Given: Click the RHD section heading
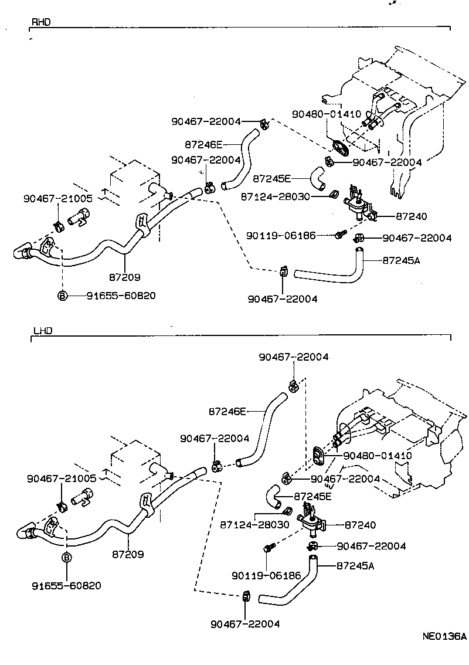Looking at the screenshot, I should click(x=40, y=22).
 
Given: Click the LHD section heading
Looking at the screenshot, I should click(x=42, y=331).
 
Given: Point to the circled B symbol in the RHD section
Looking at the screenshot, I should click(x=62, y=296).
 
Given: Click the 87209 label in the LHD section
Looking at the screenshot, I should click(x=128, y=554).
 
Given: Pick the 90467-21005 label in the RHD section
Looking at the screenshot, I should click(x=57, y=198).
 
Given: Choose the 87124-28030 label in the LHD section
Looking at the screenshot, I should click(x=254, y=524).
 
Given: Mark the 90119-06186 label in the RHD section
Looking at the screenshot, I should click(x=281, y=235).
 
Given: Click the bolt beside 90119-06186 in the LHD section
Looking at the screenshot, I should click(x=268, y=548).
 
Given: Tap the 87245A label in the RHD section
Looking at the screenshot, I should click(x=402, y=260).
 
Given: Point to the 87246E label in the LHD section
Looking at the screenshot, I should click(x=226, y=412).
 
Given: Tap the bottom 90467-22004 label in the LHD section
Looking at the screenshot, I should click(x=244, y=623).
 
